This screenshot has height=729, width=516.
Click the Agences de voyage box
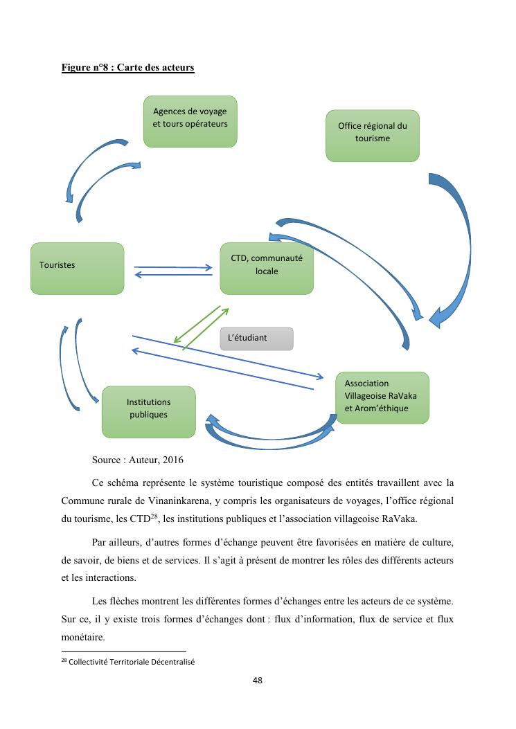click(x=190, y=121)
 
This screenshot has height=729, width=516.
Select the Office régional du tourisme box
click(x=373, y=136)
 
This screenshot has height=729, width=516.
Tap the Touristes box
click(x=77, y=267)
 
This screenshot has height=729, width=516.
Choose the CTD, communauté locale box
click(x=267, y=268)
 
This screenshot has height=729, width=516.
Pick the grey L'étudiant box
click(x=256, y=339)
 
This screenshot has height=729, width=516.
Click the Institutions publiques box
click(x=148, y=411)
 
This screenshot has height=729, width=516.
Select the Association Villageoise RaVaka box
click(x=382, y=397)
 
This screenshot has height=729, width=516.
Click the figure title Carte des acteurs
click(x=127, y=68)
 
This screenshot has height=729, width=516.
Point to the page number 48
click(x=258, y=681)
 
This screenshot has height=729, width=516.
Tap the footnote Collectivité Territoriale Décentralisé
click(x=132, y=662)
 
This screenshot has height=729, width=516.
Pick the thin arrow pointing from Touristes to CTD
click(x=173, y=267)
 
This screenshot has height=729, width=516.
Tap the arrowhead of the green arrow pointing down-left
click(x=177, y=339)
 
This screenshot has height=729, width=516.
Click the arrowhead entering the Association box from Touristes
click(x=319, y=377)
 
